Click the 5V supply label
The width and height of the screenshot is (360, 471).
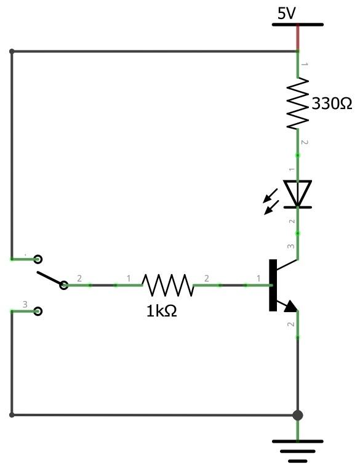tap(286, 14)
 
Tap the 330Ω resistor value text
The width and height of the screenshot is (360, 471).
tap(332, 104)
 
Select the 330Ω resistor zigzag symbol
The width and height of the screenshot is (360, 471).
tap(298, 103)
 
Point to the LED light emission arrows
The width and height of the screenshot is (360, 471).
tap(271, 201)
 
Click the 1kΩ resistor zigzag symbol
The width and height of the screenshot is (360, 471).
tap(167, 285)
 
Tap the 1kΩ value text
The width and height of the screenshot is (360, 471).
tap(161, 312)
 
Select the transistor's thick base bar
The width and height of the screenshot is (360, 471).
tap(273, 285)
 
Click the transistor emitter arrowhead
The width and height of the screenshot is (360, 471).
tap(290, 307)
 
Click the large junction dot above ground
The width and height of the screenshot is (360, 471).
tap(298, 415)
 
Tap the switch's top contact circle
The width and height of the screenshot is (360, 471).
tap(38, 259)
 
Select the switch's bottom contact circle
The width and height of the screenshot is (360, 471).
tap(38, 311)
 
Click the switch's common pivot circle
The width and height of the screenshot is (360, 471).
tap(64, 285)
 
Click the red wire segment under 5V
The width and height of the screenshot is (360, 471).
tap(298, 38)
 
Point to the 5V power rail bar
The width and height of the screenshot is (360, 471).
tap(298, 25)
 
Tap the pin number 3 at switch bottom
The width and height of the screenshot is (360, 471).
tap(25, 304)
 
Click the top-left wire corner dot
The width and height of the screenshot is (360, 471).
tap(12, 52)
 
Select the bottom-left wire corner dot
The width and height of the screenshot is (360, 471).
tap(12, 415)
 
